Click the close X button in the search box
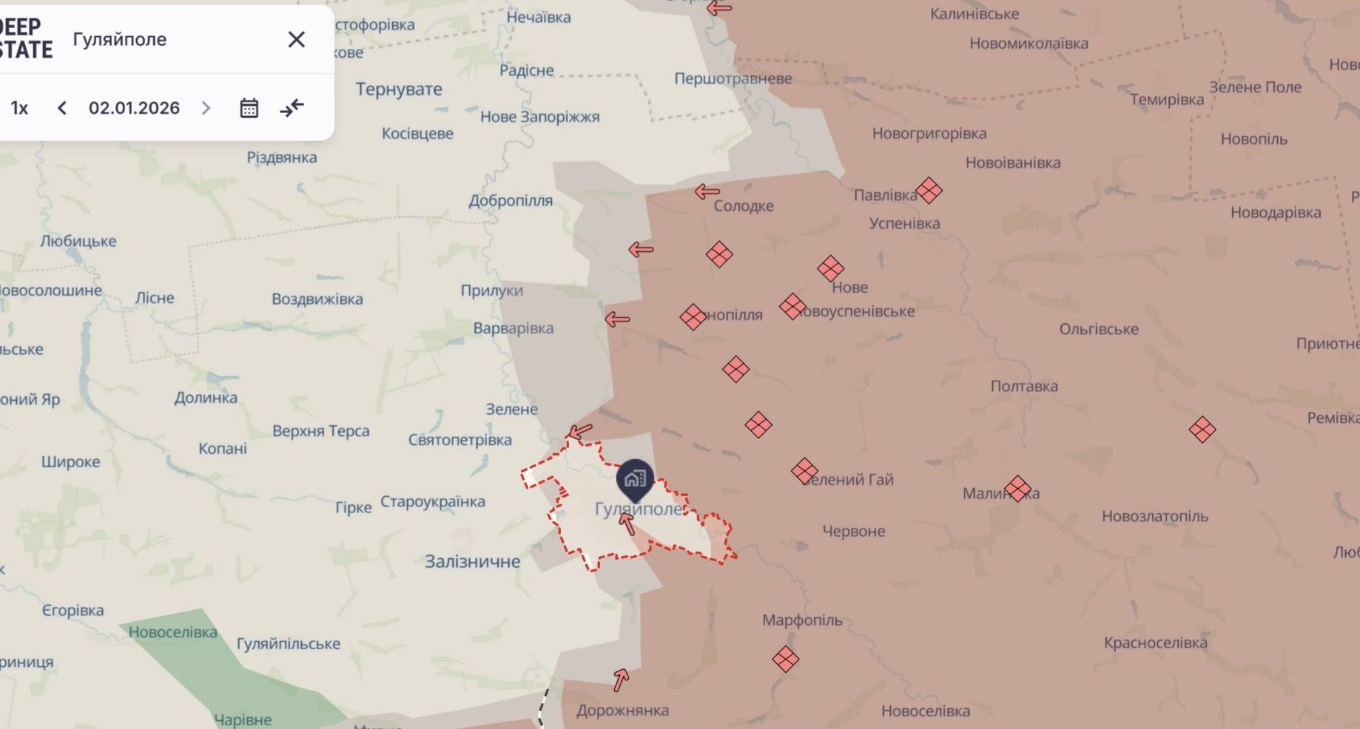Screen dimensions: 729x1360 (x=296, y=39)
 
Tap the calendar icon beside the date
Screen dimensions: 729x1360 (x=249, y=108)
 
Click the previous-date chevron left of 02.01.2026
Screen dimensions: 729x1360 (x=62, y=108)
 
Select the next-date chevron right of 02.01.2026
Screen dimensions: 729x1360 (x=206, y=108)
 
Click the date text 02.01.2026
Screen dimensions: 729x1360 (x=134, y=108)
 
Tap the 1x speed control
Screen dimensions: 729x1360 (x=19, y=108)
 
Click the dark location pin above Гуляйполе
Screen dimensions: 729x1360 (x=635, y=479)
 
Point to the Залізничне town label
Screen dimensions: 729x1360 (x=472, y=561)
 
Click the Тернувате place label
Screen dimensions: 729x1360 (x=399, y=89)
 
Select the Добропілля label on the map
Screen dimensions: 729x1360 (x=511, y=200)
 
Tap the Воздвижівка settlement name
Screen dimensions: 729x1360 (x=317, y=299)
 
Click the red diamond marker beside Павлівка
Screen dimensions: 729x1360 (x=929, y=191)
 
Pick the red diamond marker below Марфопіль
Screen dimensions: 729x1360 (x=785, y=659)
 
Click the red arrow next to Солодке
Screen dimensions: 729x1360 (x=707, y=192)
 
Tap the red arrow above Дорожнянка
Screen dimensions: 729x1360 (x=621, y=679)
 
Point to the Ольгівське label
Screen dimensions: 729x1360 (x=1098, y=329)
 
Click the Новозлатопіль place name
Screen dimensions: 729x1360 (x=1154, y=516)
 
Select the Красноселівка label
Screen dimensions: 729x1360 (x=1155, y=642)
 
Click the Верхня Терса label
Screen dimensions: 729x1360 (x=320, y=430)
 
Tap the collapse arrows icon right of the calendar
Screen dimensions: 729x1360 (x=292, y=108)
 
